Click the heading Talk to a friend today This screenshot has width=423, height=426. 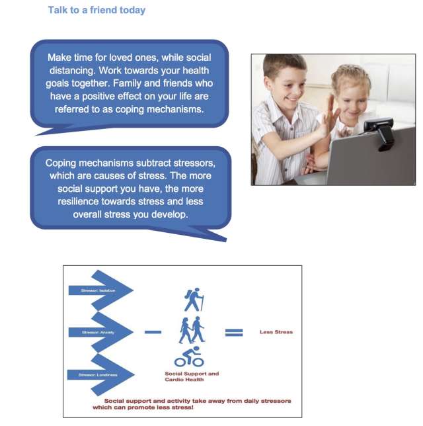coord(96,11)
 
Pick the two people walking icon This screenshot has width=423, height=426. coord(191,329)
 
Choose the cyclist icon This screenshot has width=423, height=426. coord(189,357)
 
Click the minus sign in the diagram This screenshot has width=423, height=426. coord(153,331)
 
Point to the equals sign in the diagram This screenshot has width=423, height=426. coord(234,331)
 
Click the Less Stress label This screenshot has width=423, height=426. coord(276,331)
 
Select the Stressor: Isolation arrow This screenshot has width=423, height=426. coord(99,290)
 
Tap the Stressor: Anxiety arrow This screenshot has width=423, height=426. coord(99,332)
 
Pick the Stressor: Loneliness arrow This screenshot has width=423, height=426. coord(99,375)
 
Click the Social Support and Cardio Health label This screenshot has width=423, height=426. coord(192,376)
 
